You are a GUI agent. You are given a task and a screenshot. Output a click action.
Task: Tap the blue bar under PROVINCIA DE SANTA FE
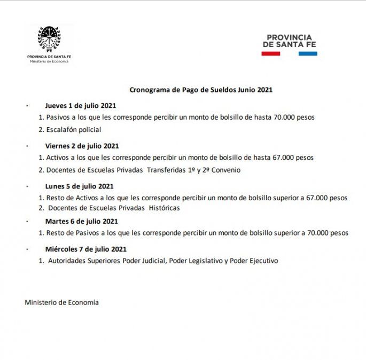[x=308, y=53]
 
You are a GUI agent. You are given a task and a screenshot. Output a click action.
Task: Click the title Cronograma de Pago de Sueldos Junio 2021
[x=201, y=90]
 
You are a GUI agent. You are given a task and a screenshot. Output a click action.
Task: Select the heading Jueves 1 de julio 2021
[x=80, y=105]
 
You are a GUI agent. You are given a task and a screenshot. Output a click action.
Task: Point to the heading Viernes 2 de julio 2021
[x=82, y=146]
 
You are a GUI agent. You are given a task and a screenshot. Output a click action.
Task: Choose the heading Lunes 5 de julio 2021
[x=79, y=186]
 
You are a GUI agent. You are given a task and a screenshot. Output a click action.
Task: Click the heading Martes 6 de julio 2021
[x=81, y=221]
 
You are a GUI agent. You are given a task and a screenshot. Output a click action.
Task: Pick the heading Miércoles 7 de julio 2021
[x=85, y=249]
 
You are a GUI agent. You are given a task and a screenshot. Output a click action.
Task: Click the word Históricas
[x=164, y=208]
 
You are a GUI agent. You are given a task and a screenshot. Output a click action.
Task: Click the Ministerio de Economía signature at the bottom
[x=61, y=302]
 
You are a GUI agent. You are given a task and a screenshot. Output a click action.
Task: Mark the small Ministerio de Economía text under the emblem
[x=49, y=61]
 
